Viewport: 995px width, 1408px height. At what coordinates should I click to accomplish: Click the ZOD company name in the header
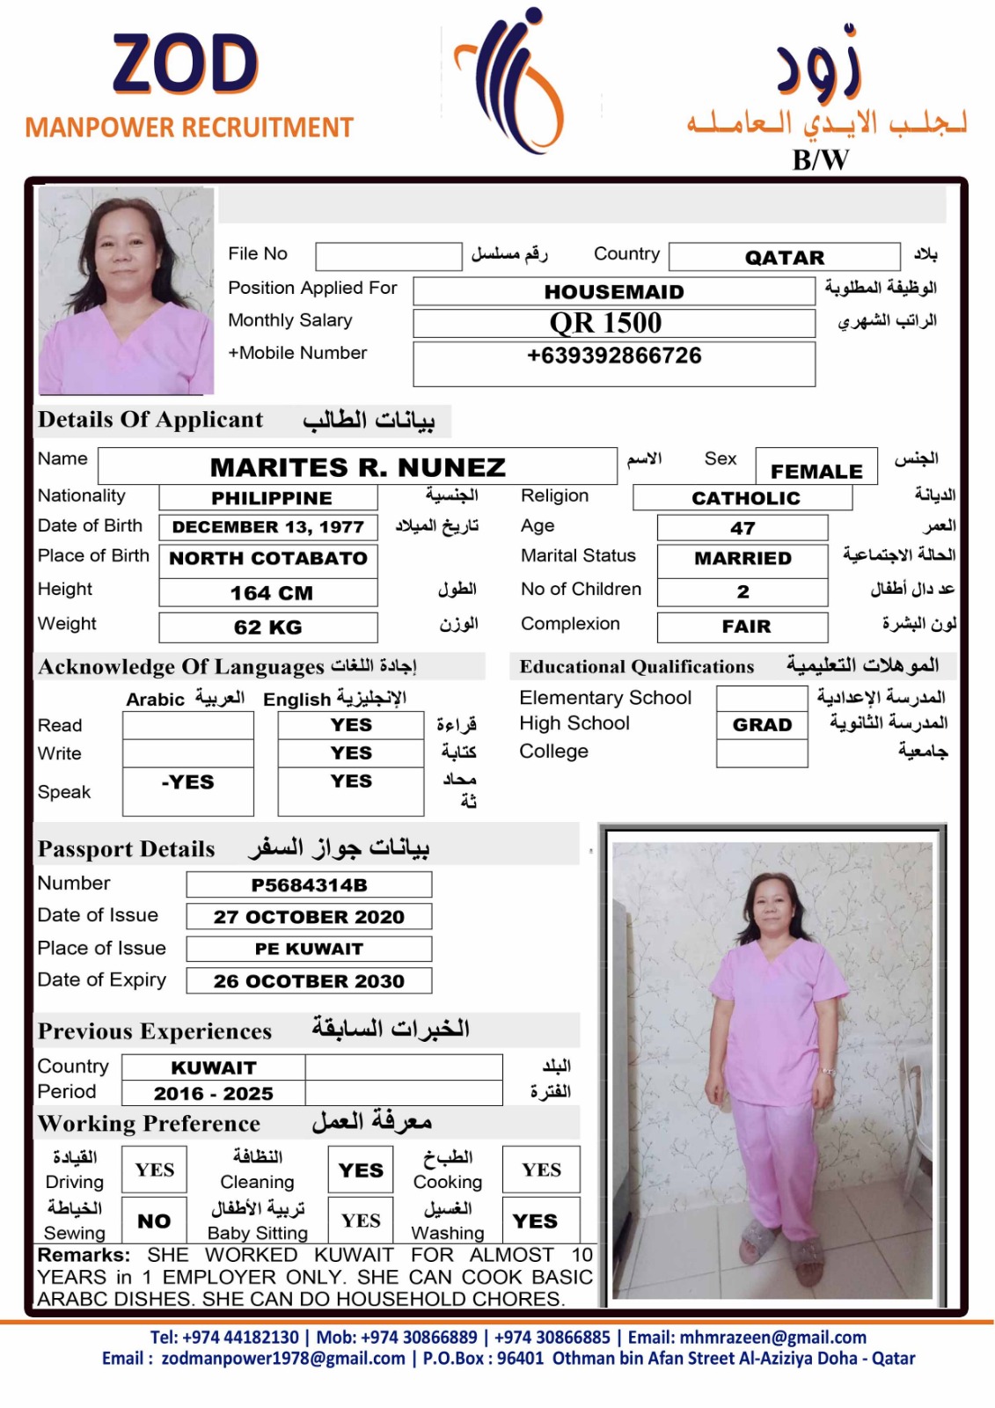[x=186, y=64]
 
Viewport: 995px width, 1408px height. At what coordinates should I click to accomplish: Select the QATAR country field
[x=784, y=257]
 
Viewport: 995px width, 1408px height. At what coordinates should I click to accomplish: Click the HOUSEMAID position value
[x=613, y=291]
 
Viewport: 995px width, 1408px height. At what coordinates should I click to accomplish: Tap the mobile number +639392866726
[x=614, y=356]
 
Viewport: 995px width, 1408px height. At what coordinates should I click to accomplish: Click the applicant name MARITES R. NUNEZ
[x=357, y=466]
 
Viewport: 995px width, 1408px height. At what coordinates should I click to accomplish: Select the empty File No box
[x=388, y=256]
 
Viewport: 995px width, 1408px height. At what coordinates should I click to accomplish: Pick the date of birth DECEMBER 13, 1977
[x=267, y=527]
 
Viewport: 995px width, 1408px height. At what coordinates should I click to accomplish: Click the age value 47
[x=742, y=528]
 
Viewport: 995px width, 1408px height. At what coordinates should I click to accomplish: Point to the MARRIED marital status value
[x=742, y=559]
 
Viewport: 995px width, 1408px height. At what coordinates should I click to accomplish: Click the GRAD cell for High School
[x=762, y=725]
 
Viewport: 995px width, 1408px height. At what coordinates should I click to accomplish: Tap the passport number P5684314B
[x=309, y=885]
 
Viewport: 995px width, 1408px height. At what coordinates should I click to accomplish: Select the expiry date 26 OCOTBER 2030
[x=309, y=981]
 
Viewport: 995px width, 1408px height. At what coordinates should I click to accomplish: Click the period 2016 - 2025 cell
[x=213, y=1094]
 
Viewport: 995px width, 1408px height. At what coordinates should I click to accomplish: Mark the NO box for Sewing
[x=154, y=1221]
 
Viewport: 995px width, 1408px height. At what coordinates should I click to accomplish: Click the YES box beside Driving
[x=154, y=1170]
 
